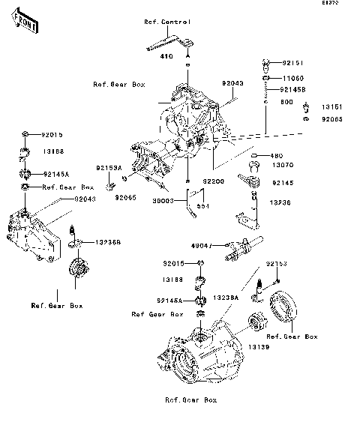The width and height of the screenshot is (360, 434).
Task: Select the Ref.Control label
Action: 167,22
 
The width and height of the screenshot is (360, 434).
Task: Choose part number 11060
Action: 293,77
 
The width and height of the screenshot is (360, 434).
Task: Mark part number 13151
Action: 332,106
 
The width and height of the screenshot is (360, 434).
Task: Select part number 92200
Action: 213,181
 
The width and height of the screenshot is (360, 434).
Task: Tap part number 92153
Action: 277,264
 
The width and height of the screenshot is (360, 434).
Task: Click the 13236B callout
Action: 108,242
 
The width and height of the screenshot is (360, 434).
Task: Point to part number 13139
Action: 259,347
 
